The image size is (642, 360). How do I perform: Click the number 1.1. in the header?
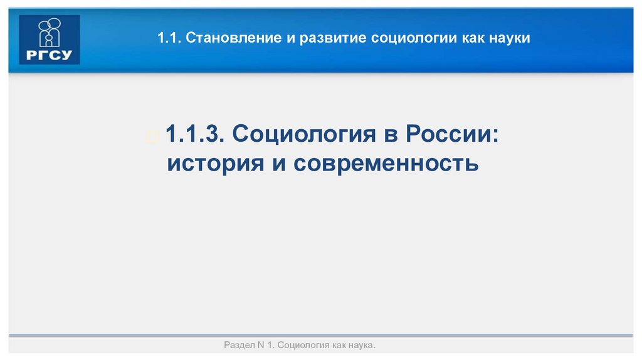click(168, 39)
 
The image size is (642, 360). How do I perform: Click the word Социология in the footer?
click(303, 346)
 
